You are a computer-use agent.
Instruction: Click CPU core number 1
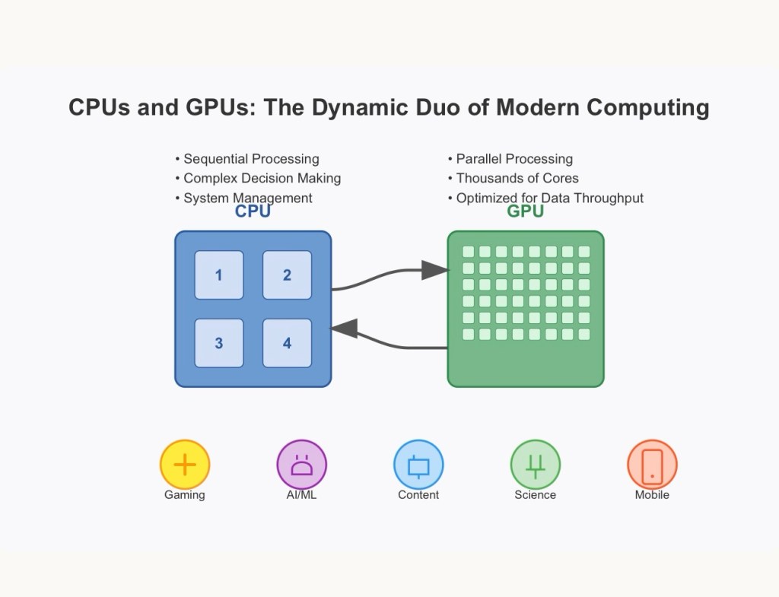219,275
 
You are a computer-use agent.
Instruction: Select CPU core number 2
287,275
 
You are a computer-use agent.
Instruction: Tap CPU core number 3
219,343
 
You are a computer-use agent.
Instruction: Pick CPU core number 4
287,343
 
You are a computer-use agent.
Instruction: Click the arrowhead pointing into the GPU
435,269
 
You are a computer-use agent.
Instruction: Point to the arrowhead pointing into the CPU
345,329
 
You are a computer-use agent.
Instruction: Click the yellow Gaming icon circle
185,465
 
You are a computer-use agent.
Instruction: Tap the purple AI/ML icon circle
301,465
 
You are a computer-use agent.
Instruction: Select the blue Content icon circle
418,465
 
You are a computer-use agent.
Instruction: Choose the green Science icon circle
535,465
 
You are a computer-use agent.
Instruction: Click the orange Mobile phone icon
652,465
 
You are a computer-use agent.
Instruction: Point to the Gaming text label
185,495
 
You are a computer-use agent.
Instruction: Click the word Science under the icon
535,495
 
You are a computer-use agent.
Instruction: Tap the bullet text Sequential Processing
251,159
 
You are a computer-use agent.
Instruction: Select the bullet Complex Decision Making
262,178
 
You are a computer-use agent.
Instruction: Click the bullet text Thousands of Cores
517,178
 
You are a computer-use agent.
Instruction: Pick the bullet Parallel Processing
514,159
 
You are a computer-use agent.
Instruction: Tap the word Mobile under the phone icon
652,495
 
